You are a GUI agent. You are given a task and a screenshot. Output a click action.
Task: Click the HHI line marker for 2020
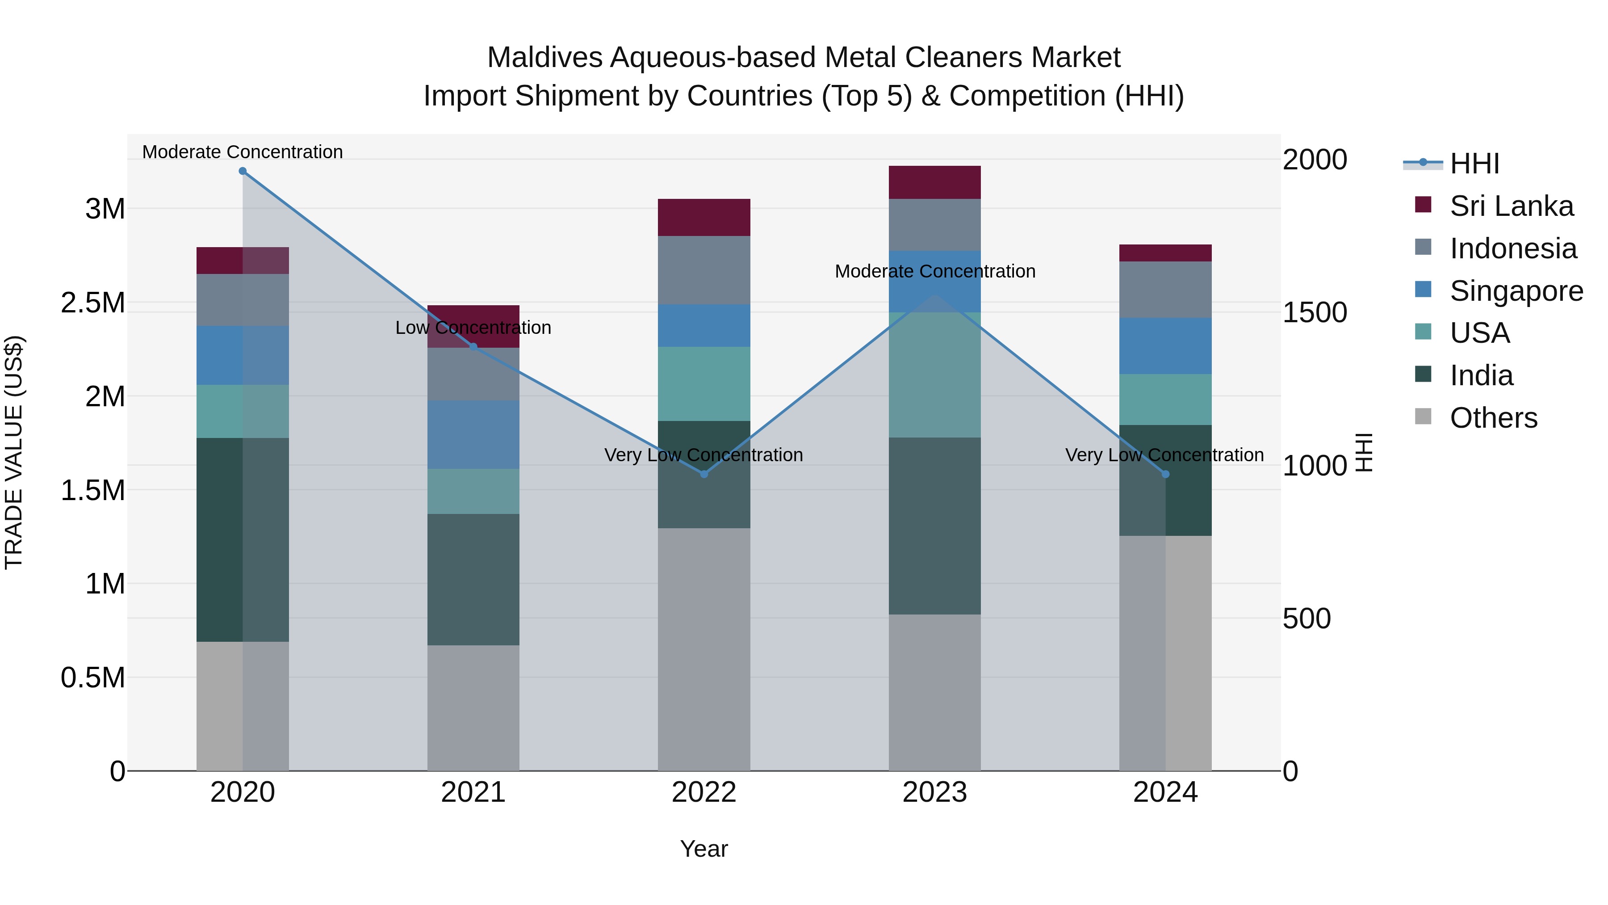[243, 171]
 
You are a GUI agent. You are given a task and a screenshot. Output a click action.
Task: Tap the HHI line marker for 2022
[704, 474]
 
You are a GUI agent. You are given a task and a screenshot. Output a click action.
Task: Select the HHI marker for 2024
[1165, 474]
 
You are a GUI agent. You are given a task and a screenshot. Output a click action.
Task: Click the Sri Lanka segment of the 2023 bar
[934, 182]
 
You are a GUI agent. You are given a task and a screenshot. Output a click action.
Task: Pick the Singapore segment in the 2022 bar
[704, 325]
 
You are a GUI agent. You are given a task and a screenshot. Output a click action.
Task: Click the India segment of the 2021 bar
[473, 580]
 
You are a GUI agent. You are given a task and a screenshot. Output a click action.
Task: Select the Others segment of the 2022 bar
[704, 649]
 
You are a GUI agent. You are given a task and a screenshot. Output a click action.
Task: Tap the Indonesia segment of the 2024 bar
[1165, 289]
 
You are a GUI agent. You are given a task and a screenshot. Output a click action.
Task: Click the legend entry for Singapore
[1516, 291]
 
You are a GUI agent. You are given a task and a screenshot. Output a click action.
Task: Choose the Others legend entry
[1493, 418]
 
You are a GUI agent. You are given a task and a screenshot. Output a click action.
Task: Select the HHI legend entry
[1474, 164]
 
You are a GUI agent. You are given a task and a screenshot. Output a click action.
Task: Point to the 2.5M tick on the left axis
[92, 303]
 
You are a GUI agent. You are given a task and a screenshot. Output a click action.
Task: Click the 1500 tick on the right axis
[1315, 312]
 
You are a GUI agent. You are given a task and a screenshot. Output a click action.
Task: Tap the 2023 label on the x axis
[934, 792]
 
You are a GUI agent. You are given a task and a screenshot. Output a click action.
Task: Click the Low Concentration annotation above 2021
[473, 328]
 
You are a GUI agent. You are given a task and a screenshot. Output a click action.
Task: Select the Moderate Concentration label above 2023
[934, 272]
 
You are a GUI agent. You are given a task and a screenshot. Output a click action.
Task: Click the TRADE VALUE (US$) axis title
[14, 452]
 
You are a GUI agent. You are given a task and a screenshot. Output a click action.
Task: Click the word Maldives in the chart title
[544, 58]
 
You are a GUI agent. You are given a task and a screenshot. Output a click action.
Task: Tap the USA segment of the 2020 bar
[243, 411]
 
